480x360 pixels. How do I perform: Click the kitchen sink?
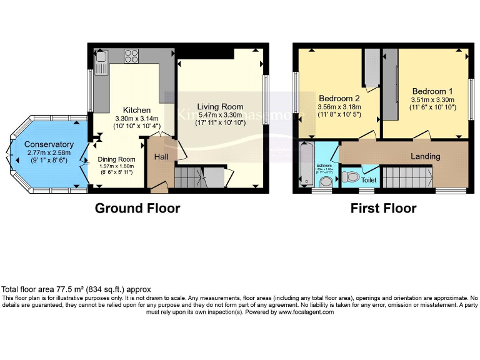[102, 61]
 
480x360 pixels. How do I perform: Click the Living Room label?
[221, 107]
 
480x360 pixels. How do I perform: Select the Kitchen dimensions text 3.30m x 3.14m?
[137, 118]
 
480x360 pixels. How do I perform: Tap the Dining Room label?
[116, 159]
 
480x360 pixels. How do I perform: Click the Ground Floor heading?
[137, 208]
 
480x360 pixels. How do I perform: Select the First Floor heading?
[383, 208]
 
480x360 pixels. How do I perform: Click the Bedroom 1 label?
[429, 91]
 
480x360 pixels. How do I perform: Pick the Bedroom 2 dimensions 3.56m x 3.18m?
[339, 107]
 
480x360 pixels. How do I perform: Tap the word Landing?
[425, 156]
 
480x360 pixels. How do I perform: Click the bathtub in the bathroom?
[306, 164]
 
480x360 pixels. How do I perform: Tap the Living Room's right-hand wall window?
[266, 94]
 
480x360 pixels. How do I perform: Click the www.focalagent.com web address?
[306, 312]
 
